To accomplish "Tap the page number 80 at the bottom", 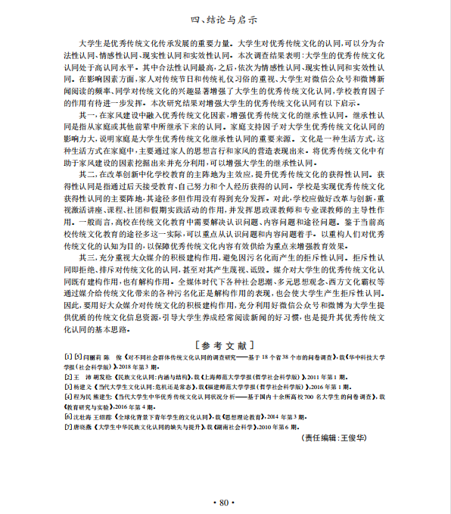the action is click(x=225, y=502).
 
